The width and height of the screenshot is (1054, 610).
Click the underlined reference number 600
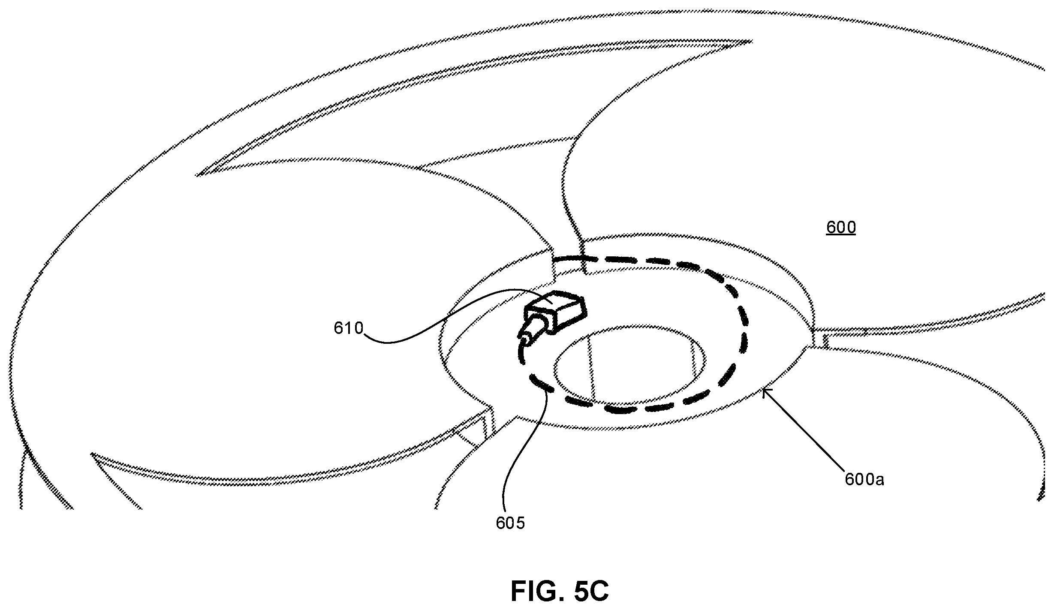pyautogui.click(x=841, y=228)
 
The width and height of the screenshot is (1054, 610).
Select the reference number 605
pyautogui.click(x=510, y=523)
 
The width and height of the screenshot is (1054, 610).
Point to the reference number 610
pyautogui.click(x=349, y=328)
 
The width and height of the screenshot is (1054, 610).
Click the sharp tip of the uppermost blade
pyautogui.click(x=751, y=42)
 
